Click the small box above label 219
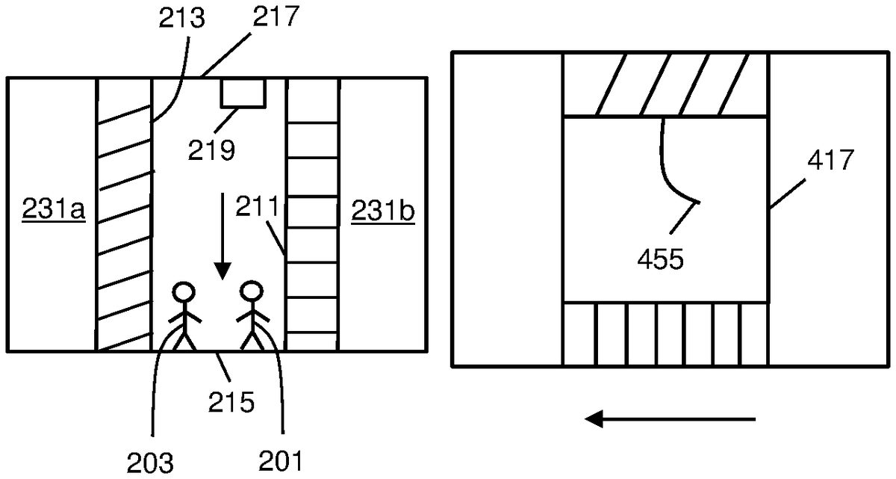[x=243, y=93]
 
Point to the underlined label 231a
[x=54, y=212]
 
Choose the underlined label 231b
[x=383, y=212]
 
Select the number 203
[x=151, y=463]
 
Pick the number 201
[x=281, y=463]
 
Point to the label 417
[x=828, y=161]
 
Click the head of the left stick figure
[x=183, y=291]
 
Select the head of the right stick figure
[x=250, y=291]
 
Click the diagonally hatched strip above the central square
[x=665, y=84]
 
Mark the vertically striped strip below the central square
[x=665, y=334]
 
